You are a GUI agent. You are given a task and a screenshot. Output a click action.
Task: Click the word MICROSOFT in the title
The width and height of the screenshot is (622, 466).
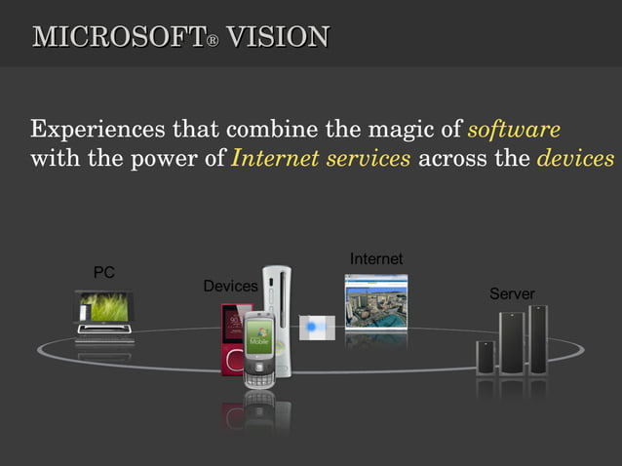click(x=116, y=38)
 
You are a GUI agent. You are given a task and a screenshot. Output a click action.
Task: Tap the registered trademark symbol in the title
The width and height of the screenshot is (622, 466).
click(x=211, y=42)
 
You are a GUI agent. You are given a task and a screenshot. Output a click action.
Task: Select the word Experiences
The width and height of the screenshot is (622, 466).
click(x=97, y=130)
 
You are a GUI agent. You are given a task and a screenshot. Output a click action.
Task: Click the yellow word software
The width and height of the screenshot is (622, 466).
click(x=514, y=130)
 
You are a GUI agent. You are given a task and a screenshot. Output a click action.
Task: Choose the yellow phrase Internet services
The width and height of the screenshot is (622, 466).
click(x=321, y=159)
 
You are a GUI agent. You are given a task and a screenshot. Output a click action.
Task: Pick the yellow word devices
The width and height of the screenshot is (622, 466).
click(x=575, y=159)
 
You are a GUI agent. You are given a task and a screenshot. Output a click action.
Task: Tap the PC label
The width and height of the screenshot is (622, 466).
click(x=103, y=273)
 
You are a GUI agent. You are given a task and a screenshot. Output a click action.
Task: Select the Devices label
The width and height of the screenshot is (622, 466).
click(x=230, y=286)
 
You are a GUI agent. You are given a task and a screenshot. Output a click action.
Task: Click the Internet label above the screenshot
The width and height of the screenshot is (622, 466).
click(x=376, y=258)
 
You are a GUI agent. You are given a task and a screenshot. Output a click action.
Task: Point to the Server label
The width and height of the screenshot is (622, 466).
click(x=512, y=293)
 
